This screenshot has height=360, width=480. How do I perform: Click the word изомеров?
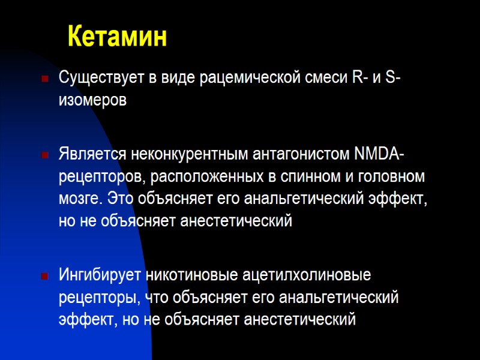[x=92, y=100]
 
